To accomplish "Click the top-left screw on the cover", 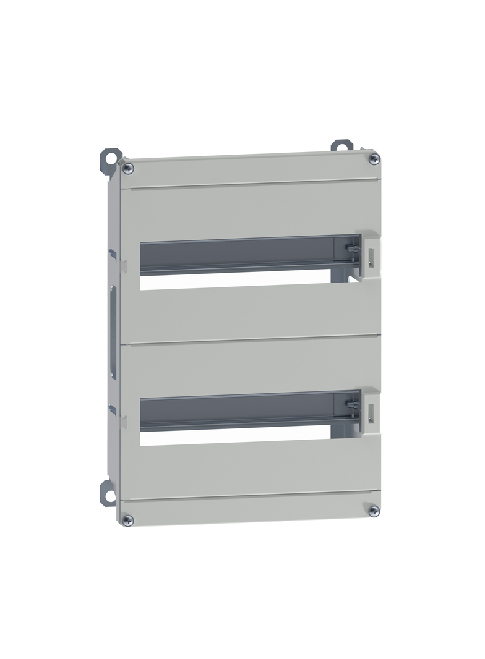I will coord(127,168).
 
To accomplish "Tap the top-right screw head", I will coord(374,159).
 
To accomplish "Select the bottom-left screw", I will coord(127,521).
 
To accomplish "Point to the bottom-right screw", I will coord(374,511).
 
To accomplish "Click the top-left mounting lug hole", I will coord(111,158).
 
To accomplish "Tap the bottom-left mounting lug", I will coord(109,493).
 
